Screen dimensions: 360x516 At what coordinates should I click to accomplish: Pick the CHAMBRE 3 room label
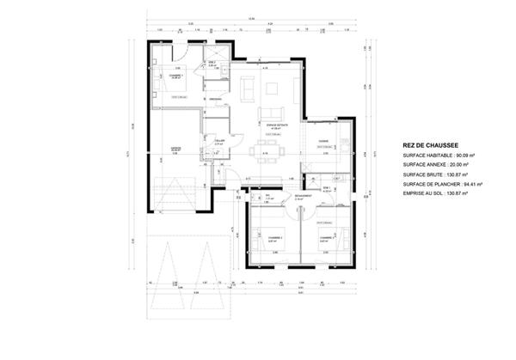click(326, 237)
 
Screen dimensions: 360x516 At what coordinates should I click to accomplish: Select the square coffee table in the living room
click(275, 87)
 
